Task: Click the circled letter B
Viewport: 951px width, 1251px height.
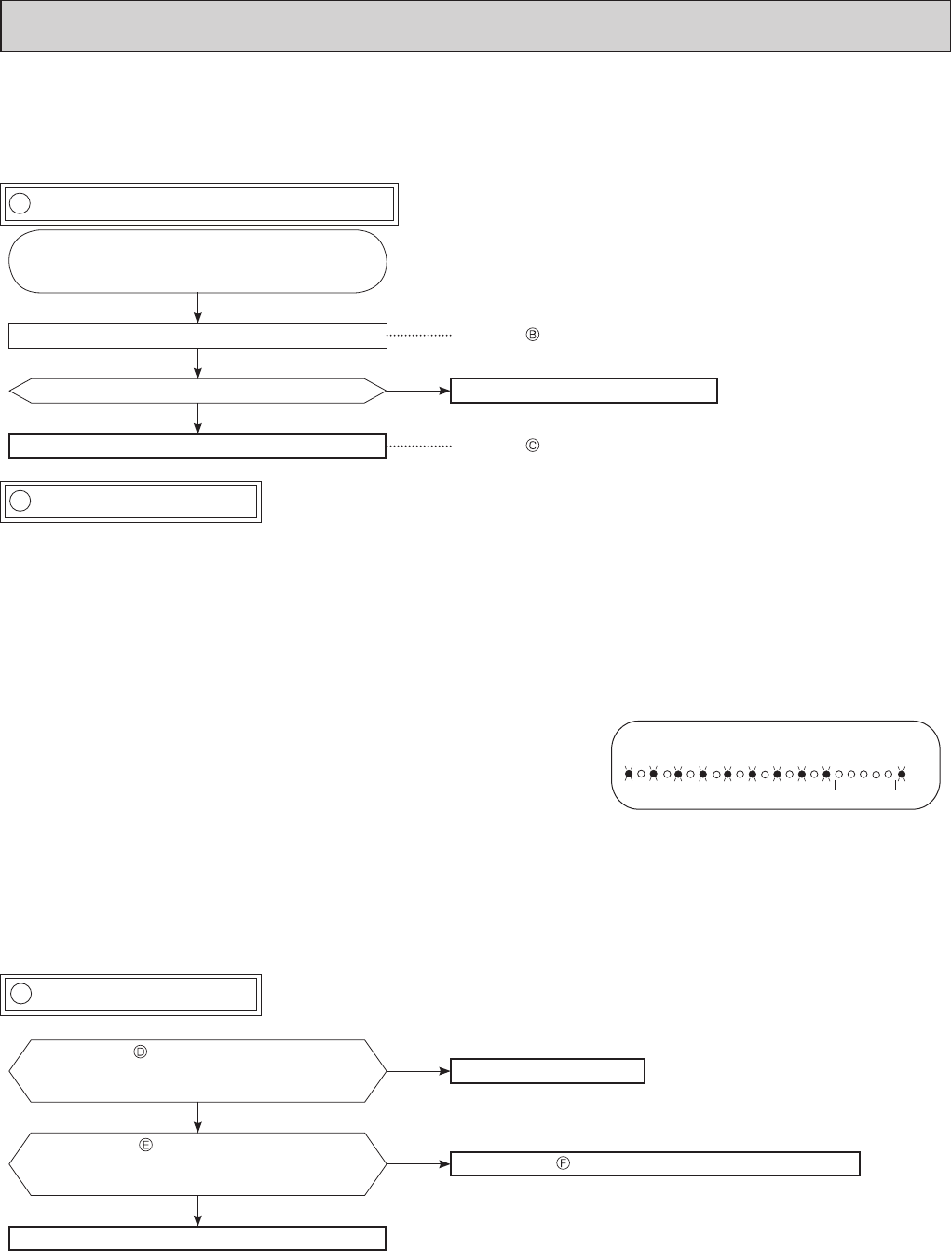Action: click(533, 335)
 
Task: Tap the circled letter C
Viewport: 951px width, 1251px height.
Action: click(533, 447)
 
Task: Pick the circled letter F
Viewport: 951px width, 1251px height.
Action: click(563, 1163)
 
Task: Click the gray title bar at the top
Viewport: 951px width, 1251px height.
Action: click(475, 26)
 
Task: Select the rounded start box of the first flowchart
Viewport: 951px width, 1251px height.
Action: click(197, 261)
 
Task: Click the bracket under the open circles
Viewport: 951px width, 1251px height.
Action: click(865, 788)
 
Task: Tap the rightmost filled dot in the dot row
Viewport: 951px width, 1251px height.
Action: click(901, 774)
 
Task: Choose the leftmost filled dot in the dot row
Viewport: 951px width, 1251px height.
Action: click(629, 774)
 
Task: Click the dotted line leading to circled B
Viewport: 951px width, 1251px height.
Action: click(418, 336)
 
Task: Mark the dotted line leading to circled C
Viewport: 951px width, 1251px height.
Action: click(418, 447)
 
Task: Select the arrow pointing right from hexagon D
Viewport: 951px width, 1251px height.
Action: click(418, 1071)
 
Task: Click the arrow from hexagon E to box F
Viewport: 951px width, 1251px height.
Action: click(418, 1163)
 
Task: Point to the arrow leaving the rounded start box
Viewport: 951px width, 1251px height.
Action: click(198, 308)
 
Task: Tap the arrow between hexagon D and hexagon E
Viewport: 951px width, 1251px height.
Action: click(198, 1117)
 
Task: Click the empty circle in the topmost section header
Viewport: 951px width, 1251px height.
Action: click(20, 203)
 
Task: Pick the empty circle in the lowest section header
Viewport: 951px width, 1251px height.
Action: click(20, 994)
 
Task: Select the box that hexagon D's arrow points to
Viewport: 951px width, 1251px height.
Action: click(548, 1071)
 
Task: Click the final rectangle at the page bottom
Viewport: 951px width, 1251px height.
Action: click(197, 1238)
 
